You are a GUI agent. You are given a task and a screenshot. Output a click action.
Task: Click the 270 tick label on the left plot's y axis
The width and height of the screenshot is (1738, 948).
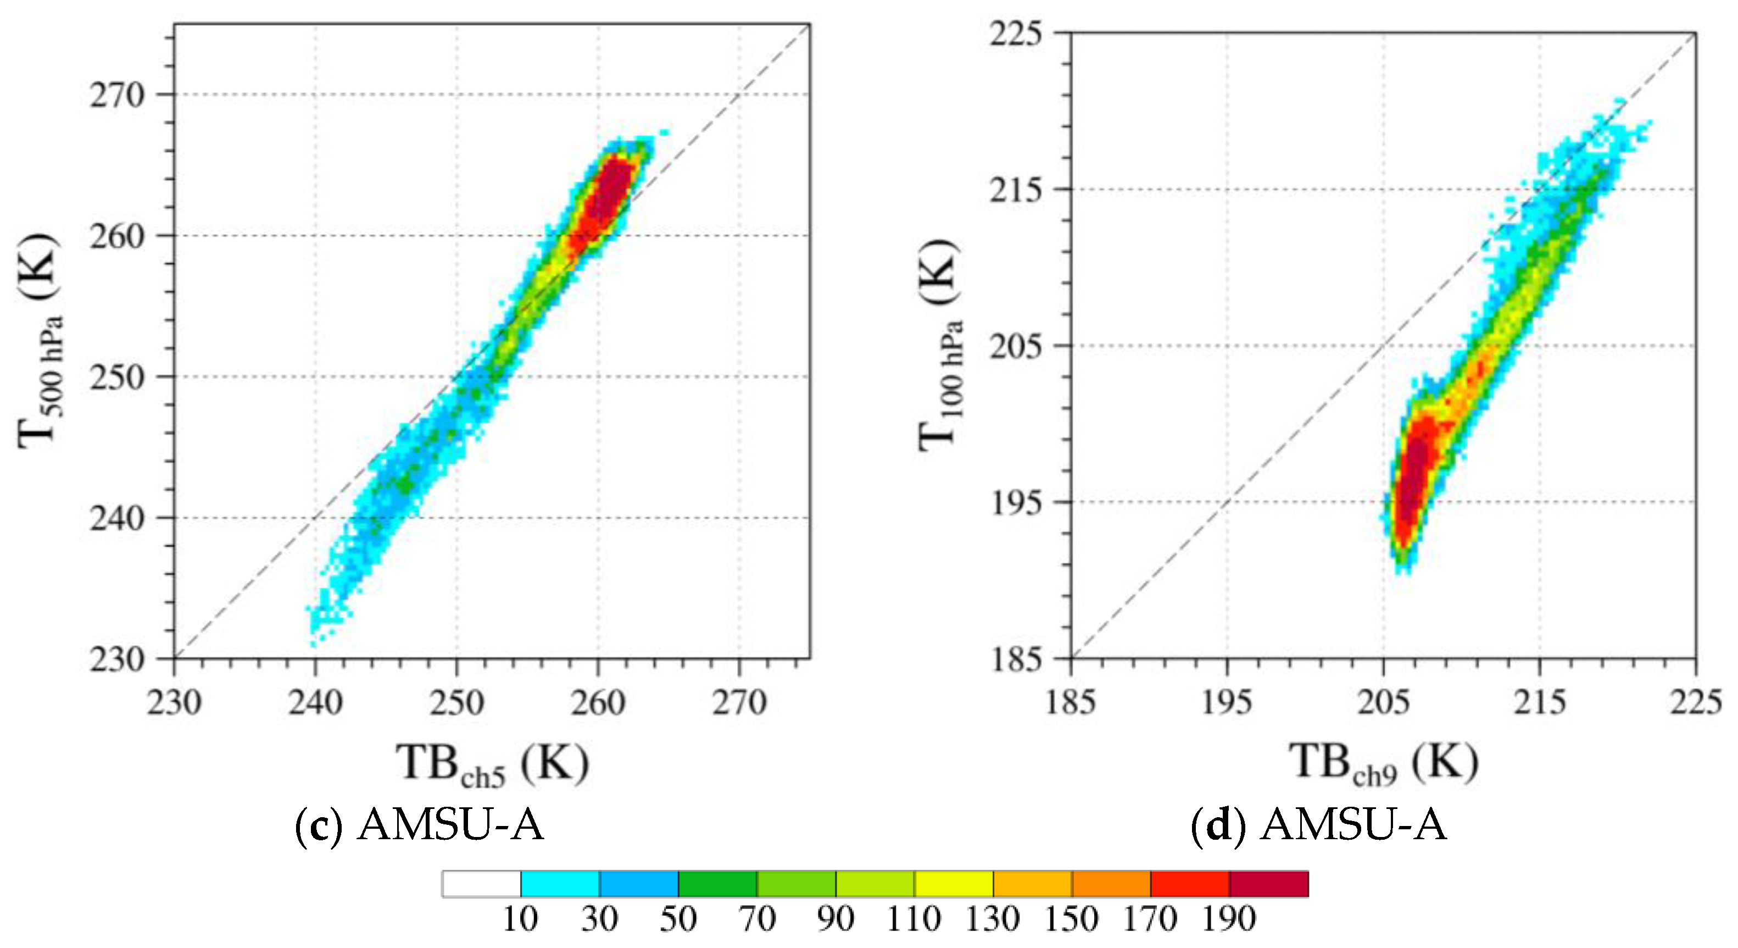coord(116,96)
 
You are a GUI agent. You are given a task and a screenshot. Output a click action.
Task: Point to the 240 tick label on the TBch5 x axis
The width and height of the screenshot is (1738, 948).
coord(315,703)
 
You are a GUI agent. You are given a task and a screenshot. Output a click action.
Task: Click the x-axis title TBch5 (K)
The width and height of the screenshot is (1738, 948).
coord(492,764)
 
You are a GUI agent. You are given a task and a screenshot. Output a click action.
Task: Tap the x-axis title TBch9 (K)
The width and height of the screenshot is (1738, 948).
coord(1384,763)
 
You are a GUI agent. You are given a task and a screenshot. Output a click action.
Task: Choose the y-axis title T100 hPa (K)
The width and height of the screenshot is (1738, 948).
coord(940,345)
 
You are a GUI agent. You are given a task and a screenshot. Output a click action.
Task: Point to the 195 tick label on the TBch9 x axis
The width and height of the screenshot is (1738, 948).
coord(1227,703)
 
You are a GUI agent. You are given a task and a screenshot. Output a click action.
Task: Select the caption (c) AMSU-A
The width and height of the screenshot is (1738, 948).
coord(420,825)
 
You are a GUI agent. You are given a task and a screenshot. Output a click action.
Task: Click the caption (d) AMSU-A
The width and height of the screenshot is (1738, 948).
coord(1318,825)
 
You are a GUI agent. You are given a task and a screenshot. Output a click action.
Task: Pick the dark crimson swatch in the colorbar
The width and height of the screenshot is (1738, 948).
coord(1268,884)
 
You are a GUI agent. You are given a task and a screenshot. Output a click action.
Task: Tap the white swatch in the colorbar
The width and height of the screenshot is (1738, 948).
coord(481,884)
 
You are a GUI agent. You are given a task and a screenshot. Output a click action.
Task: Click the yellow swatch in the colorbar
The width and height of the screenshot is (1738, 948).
coord(954,884)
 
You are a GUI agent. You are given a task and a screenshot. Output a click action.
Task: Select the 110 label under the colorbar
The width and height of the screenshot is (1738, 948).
coord(913,919)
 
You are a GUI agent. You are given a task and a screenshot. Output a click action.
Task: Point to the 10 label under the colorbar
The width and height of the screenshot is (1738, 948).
coord(520,919)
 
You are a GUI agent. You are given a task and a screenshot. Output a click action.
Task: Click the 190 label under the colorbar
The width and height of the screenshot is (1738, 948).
coord(1228,919)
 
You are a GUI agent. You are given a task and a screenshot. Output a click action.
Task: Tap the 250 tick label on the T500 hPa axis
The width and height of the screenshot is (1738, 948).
coord(116,378)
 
